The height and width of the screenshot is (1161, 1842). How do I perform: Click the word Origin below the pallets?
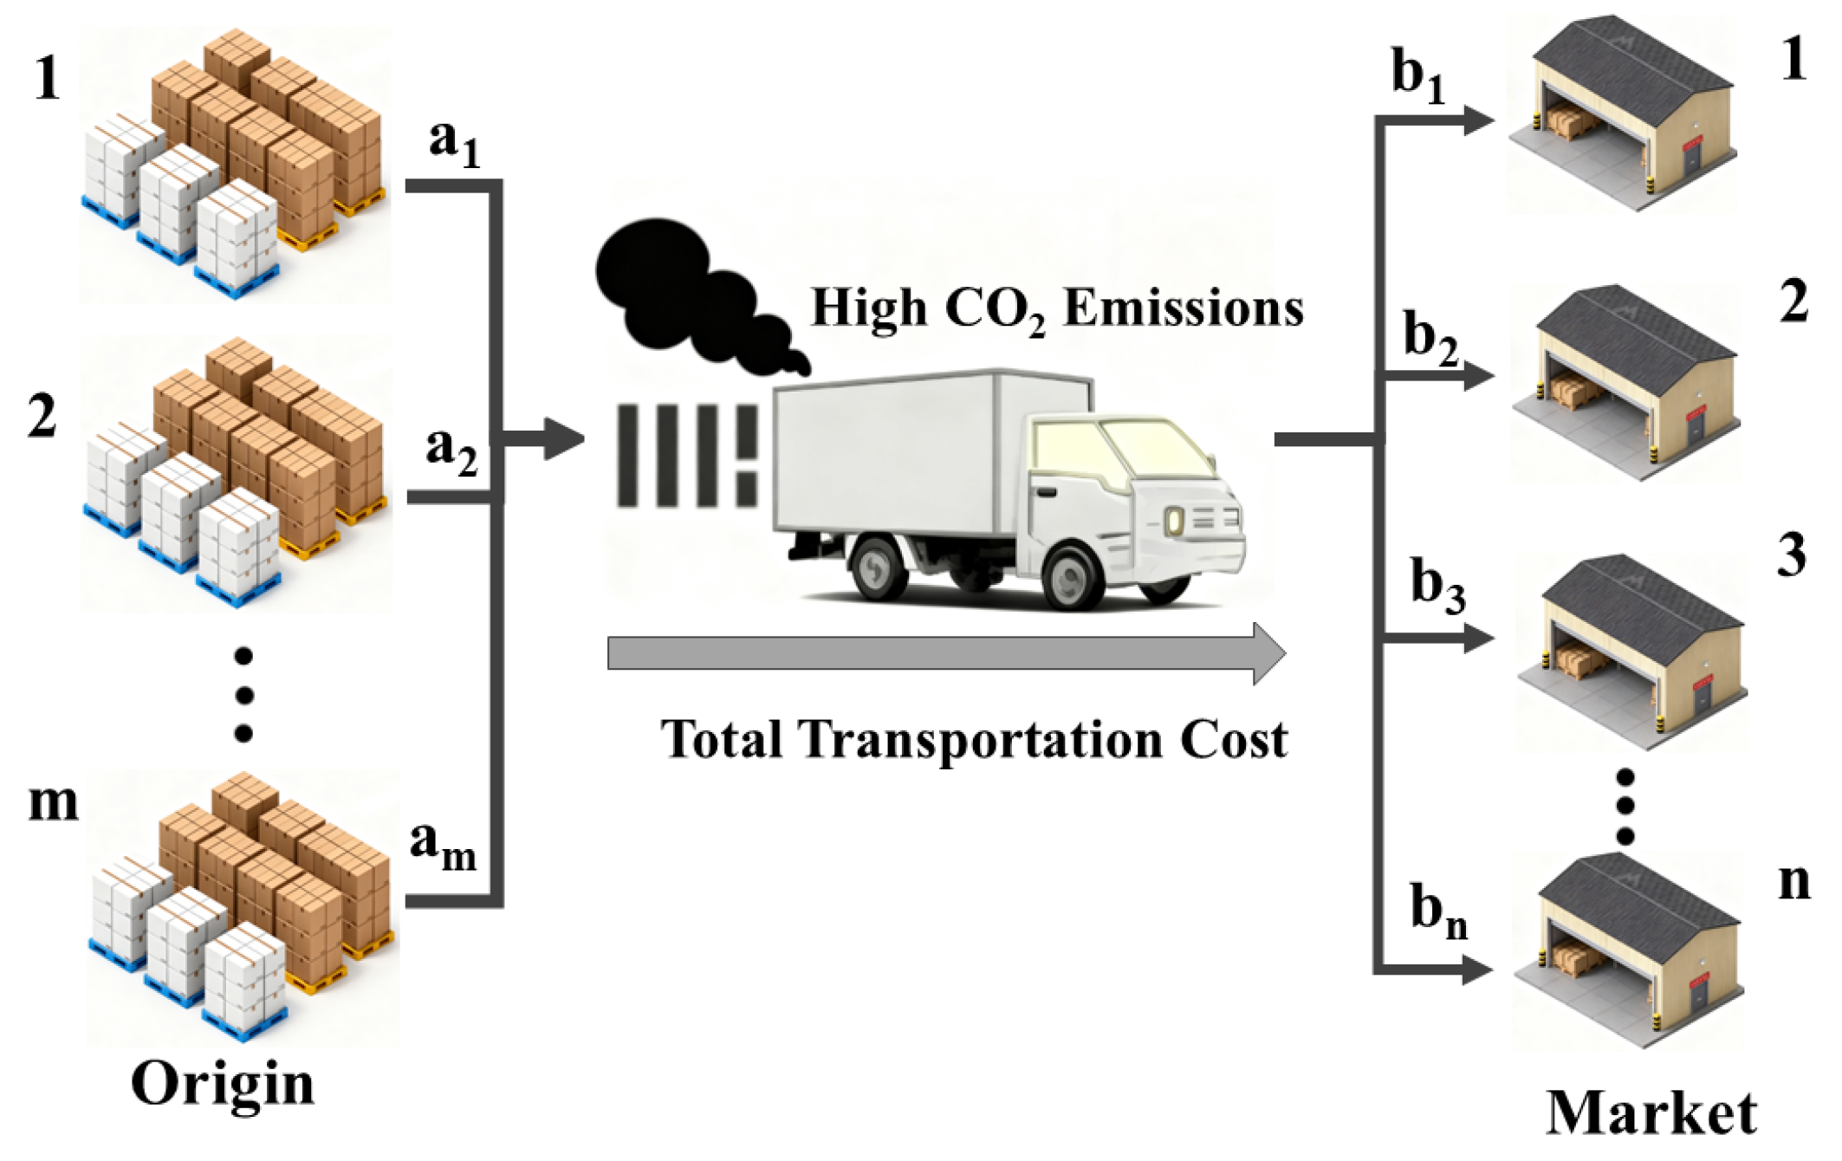pos(223,1083)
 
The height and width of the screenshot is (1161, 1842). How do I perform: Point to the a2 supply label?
pos(451,451)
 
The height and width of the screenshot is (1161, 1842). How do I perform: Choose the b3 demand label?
pos(1437,586)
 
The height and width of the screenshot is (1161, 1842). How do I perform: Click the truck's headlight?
pos(1174,522)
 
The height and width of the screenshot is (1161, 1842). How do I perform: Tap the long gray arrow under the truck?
pos(944,653)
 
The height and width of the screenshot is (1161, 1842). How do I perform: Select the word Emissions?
pos(1183,308)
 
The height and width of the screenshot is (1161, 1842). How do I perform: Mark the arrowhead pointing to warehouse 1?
pos(1477,120)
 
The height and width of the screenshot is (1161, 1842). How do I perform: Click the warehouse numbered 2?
pos(1625,381)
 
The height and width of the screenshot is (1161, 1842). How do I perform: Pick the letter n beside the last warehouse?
pos(1793,881)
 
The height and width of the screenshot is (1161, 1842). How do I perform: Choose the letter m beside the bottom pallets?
pos(53,801)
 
